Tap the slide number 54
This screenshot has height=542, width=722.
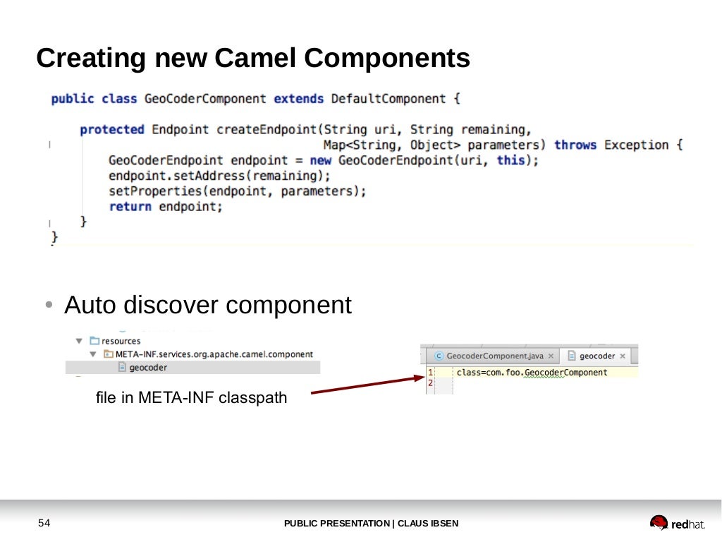point(44,523)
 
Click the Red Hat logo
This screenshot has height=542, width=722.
point(677,523)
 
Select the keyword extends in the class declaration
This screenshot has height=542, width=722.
point(298,99)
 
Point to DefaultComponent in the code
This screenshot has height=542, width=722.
point(388,99)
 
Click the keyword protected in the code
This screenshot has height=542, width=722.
point(111,130)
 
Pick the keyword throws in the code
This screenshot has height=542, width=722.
point(575,145)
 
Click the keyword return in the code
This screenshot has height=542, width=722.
point(130,207)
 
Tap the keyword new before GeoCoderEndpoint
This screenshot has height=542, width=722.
point(320,161)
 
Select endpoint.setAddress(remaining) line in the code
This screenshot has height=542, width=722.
point(219,176)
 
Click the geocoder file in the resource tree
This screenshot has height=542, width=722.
point(148,368)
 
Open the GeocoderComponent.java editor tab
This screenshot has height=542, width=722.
point(494,356)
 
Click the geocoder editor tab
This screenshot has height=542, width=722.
point(597,356)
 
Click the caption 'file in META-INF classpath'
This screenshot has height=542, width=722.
point(191,398)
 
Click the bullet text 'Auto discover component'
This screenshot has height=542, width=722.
point(207,306)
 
